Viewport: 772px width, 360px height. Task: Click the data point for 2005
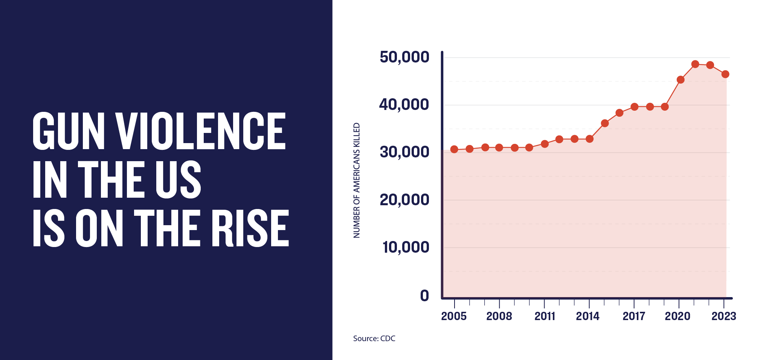[x=454, y=149]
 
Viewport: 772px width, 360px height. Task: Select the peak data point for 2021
[x=695, y=64]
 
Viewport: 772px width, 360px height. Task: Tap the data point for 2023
[x=725, y=74]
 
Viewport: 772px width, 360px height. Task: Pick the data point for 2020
[x=680, y=80]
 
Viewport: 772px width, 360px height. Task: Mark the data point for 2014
[x=590, y=139]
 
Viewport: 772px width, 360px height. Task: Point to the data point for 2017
[x=635, y=107]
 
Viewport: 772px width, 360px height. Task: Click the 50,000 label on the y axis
[x=404, y=57]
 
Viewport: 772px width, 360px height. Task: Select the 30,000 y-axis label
[x=404, y=152]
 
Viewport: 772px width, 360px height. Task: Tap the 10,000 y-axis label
[x=406, y=247]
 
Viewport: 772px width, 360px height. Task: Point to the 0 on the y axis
[x=424, y=296]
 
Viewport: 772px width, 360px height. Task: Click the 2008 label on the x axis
[x=499, y=316]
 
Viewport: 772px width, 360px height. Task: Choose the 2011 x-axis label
[x=545, y=316]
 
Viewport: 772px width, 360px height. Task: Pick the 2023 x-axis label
[x=723, y=316]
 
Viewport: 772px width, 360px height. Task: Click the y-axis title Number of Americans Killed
[x=357, y=180]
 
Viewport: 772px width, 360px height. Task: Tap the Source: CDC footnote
[x=374, y=339]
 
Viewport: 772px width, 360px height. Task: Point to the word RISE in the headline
[x=250, y=228]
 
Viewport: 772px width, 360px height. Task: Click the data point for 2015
[x=605, y=124]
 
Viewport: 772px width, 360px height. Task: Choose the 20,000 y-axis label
[x=404, y=200]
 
